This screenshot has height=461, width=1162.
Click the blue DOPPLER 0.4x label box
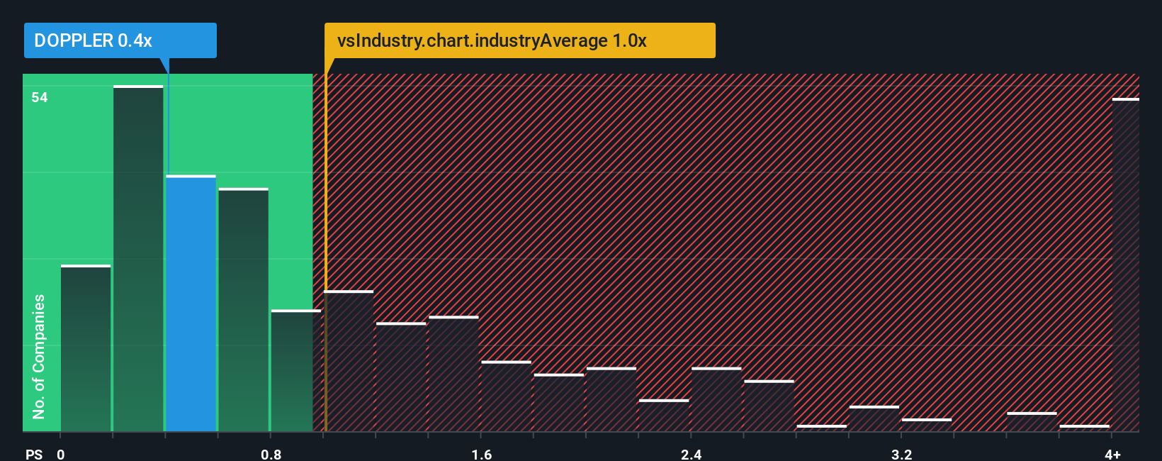120,40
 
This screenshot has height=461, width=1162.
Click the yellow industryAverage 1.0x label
519,40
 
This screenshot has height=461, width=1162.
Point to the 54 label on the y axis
40,98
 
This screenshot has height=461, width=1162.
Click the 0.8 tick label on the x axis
271,454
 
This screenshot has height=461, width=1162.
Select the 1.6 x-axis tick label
481,454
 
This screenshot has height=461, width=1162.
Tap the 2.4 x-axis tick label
691,454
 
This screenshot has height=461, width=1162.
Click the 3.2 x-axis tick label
901,454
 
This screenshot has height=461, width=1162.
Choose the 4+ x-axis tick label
1112,454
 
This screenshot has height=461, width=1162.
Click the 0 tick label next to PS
61,454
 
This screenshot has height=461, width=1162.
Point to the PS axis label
34,454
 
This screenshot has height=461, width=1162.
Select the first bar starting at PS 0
86,348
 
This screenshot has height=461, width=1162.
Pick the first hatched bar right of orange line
349,361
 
